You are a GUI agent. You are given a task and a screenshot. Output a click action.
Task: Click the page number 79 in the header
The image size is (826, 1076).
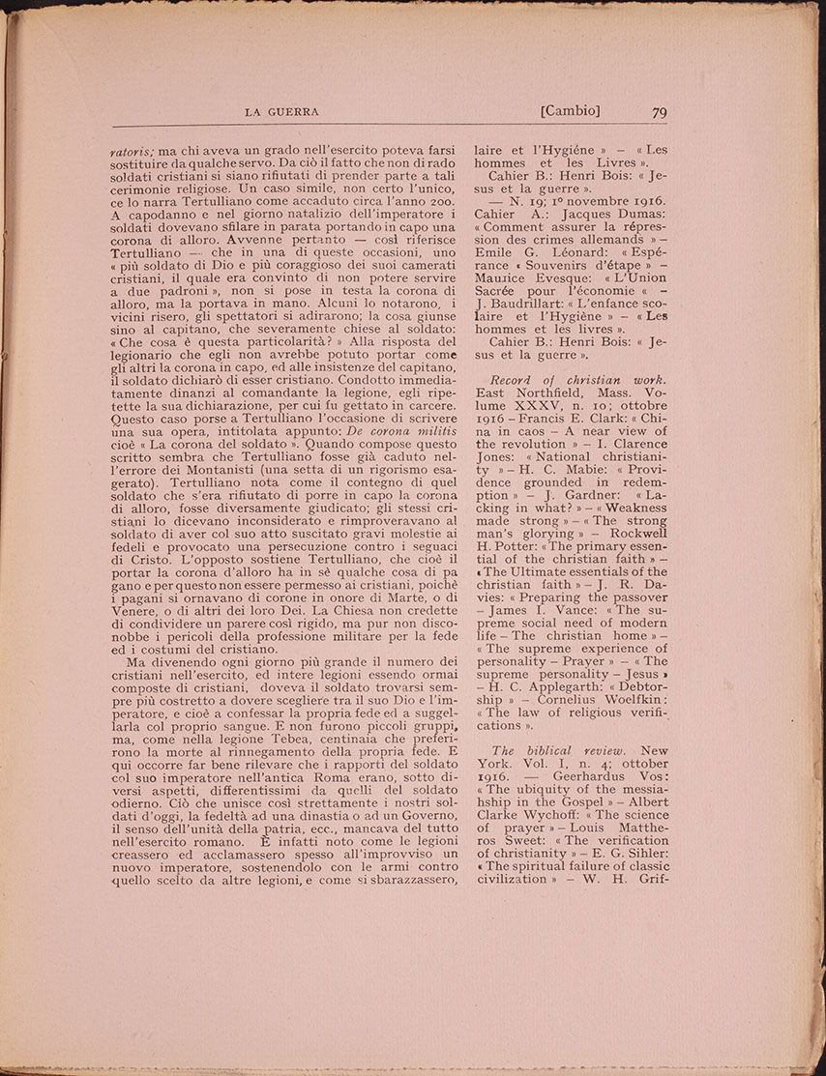click(660, 112)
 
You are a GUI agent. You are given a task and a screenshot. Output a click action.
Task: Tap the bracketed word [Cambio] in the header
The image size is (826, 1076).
click(571, 111)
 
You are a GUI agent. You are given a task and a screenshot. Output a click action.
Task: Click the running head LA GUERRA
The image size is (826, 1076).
click(281, 112)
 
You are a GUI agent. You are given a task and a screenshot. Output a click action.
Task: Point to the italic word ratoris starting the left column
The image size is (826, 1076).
click(132, 151)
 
